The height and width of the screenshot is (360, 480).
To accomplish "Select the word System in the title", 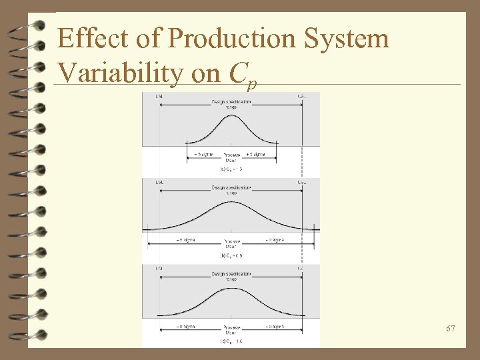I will pos(348,39).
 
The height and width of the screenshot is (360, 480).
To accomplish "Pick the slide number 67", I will pos(451,329).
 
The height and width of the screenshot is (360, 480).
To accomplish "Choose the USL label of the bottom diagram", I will pos(301,268).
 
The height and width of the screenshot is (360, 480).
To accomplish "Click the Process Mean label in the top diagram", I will pos(231,157).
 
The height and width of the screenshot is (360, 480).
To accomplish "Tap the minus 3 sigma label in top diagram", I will pos(203,154).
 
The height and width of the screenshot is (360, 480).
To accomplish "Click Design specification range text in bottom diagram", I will pos(231,276).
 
